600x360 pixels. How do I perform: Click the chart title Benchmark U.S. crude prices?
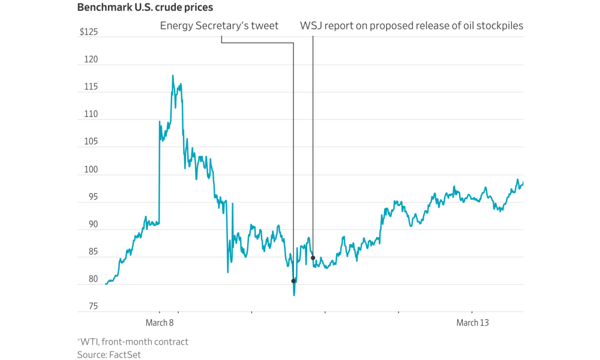click(x=145, y=8)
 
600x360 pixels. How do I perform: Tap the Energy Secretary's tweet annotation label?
click(x=219, y=26)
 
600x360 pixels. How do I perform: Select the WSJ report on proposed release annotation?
click(x=411, y=26)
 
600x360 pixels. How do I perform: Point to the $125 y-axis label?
click(x=89, y=32)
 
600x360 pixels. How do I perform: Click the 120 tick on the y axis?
click(x=92, y=60)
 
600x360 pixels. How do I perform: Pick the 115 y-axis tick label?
click(x=92, y=88)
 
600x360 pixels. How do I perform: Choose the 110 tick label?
click(x=92, y=115)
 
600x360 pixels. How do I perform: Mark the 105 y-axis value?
click(x=92, y=142)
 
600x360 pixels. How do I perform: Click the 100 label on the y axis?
click(x=92, y=170)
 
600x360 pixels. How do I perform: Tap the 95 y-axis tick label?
click(x=93, y=197)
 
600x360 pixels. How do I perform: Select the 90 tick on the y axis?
click(x=93, y=224)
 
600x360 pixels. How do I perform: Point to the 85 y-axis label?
click(x=93, y=252)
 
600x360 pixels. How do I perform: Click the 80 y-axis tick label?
click(x=93, y=280)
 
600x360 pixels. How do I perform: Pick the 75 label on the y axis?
click(x=93, y=307)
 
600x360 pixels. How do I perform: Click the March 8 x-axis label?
click(x=160, y=323)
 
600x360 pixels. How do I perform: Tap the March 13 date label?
click(x=472, y=323)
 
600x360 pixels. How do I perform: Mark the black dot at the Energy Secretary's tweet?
click(x=293, y=281)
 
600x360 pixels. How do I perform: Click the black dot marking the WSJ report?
click(x=313, y=258)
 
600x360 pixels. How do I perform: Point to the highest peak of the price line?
click(x=173, y=76)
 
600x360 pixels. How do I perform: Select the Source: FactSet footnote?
click(x=109, y=355)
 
